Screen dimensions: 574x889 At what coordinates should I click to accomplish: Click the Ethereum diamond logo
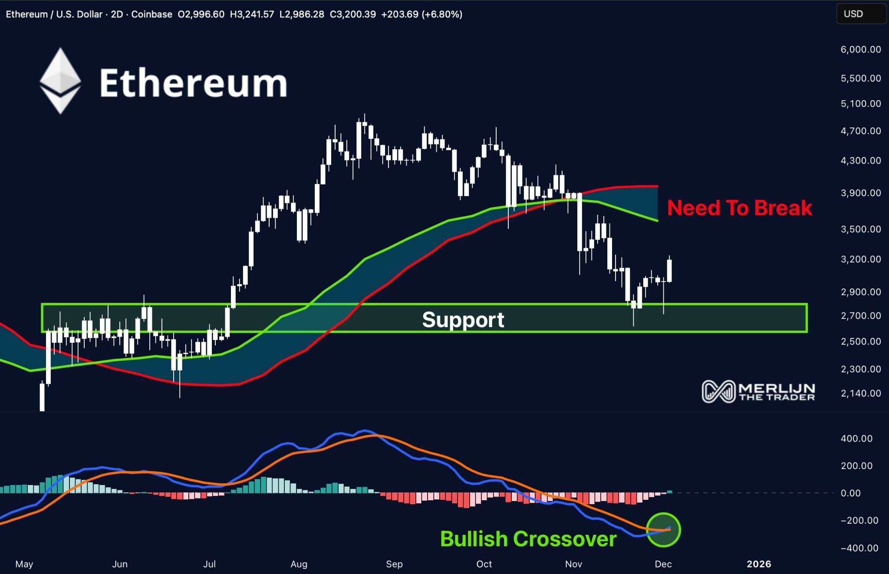pos(60,81)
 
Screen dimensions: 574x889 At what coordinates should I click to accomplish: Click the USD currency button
pos(853,14)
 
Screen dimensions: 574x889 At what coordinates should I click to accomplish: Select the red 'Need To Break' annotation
pos(739,208)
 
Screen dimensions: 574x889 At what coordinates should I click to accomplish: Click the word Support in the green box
pos(463,320)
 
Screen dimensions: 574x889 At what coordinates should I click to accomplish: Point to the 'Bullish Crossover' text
pos(528,539)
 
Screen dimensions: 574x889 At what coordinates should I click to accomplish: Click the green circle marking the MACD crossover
pos(663,530)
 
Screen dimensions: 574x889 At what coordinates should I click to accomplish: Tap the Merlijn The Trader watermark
pos(758,391)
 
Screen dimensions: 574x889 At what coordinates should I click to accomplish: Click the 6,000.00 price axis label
pos(861,49)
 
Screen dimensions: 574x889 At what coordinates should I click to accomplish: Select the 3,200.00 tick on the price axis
pos(861,259)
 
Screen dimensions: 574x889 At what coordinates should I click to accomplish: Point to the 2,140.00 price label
pos(861,394)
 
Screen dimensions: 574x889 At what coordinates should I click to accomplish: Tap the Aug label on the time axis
pos(299,564)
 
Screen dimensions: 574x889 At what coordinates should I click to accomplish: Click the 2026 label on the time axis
pos(759,564)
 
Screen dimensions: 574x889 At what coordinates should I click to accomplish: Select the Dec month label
pos(663,564)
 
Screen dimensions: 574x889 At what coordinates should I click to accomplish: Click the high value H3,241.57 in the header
pos(252,14)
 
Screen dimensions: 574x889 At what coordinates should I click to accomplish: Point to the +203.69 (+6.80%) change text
pos(421,14)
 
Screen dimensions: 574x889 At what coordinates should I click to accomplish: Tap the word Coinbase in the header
pos(151,14)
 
